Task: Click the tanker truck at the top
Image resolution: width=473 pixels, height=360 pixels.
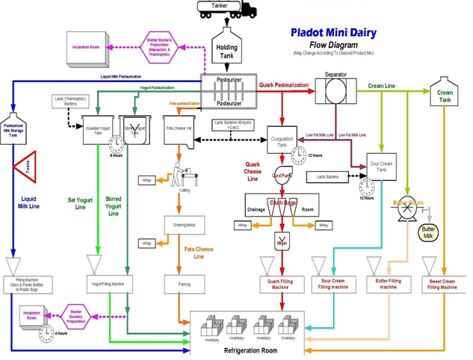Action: click(x=226, y=10)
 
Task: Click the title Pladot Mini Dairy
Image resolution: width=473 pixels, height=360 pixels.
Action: click(x=333, y=34)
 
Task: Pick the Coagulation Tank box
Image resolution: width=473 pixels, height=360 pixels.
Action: click(x=282, y=140)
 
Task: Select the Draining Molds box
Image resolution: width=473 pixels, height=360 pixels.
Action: click(x=184, y=226)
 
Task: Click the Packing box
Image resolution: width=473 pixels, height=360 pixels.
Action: click(x=184, y=284)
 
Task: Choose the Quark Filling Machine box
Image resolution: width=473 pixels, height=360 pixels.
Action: click(x=283, y=284)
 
